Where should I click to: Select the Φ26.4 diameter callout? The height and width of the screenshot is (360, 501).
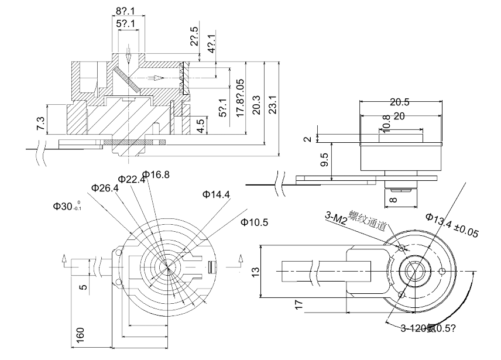point(105,188)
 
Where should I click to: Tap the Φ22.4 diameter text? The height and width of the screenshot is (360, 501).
point(131,179)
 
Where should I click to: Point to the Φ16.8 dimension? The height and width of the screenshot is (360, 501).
point(156,174)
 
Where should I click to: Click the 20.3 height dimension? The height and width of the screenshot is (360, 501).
point(256,105)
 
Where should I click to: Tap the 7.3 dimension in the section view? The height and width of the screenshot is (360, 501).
point(40,124)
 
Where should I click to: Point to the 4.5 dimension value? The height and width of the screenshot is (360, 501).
point(200,126)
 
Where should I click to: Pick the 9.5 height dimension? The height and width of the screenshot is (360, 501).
point(324,160)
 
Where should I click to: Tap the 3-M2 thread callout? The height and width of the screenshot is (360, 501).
point(336,218)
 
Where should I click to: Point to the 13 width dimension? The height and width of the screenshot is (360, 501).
point(255,273)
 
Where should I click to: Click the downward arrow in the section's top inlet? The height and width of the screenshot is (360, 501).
point(128,56)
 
